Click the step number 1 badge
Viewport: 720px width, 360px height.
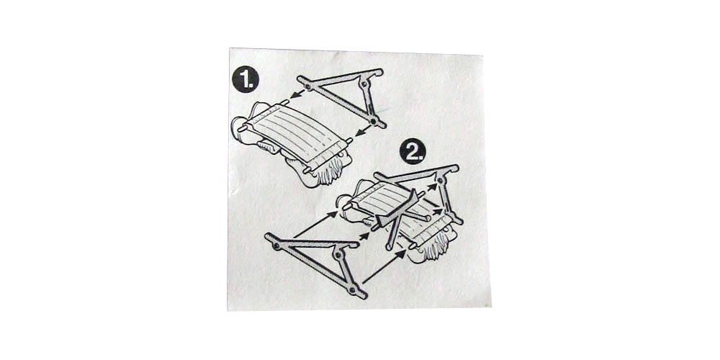point(246,80)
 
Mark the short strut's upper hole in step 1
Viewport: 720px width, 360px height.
point(364,84)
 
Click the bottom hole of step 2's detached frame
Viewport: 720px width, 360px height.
point(352,290)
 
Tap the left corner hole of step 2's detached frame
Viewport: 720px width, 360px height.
point(276,246)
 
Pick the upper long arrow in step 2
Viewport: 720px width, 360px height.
point(315,225)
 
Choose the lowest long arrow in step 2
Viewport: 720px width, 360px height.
point(384,266)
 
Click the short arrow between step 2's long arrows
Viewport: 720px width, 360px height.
point(364,235)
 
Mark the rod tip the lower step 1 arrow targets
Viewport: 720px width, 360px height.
point(349,140)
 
